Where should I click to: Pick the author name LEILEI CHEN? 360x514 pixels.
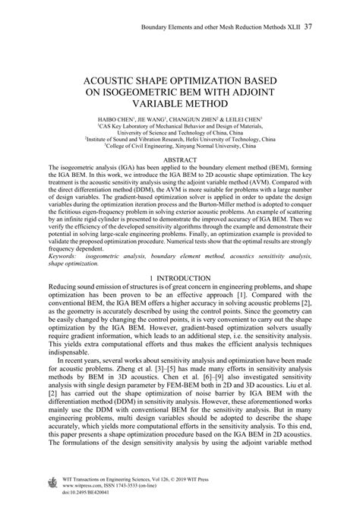245,120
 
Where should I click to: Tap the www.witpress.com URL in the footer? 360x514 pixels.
87,486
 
